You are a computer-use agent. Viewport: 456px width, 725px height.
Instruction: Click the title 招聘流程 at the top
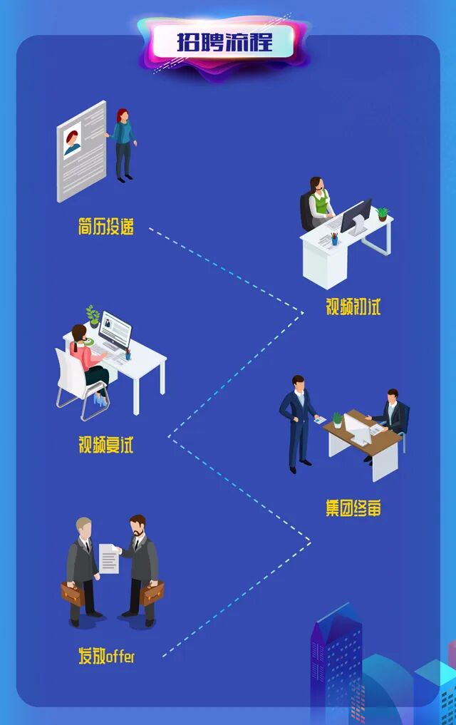pyautogui.click(x=224, y=41)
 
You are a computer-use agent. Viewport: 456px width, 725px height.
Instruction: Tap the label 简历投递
pyautogui.click(x=105, y=227)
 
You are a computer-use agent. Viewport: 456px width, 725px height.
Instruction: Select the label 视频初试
pyautogui.click(x=353, y=307)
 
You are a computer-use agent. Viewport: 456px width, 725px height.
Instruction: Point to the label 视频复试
pyautogui.click(x=105, y=445)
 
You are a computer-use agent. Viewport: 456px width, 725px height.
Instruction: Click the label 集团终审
pyautogui.click(x=353, y=508)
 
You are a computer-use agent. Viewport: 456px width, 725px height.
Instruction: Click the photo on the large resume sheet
pyautogui.click(x=73, y=139)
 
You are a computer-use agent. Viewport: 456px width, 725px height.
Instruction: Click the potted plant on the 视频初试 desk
pyautogui.click(x=383, y=212)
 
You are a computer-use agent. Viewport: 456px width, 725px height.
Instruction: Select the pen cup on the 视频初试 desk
pyautogui.click(x=334, y=238)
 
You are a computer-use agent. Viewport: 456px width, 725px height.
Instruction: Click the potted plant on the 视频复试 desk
pyautogui.click(x=93, y=317)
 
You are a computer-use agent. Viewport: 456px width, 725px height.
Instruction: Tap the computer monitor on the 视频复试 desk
pyautogui.click(x=115, y=329)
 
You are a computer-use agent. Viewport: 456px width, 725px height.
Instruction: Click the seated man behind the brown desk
pyautogui.click(x=391, y=416)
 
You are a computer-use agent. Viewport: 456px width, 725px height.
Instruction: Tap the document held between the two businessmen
pyautogui.click(x=109, y=558)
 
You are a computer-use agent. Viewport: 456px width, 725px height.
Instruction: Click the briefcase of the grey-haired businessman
pyautogui.click(x=73, y=592)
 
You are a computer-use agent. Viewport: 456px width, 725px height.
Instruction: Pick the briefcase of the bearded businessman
pyautogui.click(x=151, y=592)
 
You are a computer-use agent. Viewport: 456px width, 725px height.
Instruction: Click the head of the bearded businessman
pyautogui.click(x=138, y=525)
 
